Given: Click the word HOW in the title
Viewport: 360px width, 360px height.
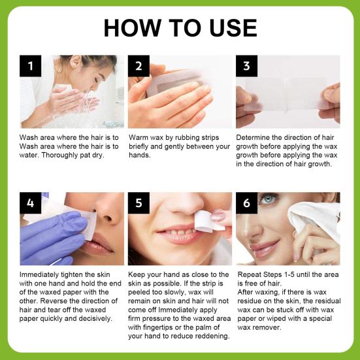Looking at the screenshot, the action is (x=132, y=28).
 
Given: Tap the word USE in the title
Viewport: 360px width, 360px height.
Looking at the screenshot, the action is (x=233, y=28).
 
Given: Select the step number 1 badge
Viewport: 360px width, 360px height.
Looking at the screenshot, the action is (x=31, y=66).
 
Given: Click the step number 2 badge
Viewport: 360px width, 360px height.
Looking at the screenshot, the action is (x=139, y=66).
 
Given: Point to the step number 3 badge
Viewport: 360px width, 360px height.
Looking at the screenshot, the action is (x=246, y=66).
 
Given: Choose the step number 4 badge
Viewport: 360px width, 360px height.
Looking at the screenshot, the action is (x=31, y=203).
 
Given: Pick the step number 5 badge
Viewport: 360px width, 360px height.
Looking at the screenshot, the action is (x=139, y=203).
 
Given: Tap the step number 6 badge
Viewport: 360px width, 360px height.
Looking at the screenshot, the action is (x=246, y=203).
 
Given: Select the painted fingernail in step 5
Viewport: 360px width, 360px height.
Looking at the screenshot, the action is (x=218, y=216).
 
